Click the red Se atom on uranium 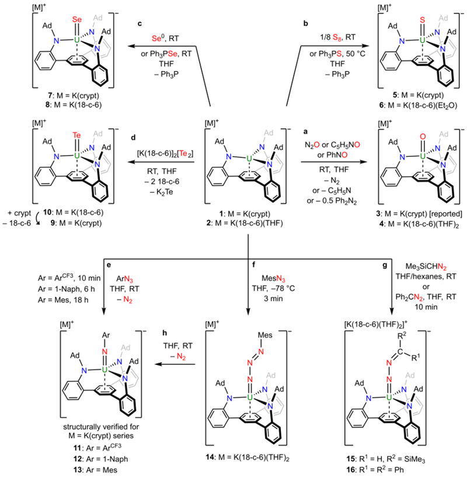[x=77, y=19]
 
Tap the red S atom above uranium [x=422, y=20]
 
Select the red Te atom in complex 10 [x=76, y=135]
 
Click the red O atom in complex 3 [x=423, y=136]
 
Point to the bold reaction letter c [x=140, y=23]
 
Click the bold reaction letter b [x=305, y=23]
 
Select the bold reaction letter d [x=133, y=138]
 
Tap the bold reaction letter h [x=165, y=333]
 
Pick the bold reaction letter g [x=385, y=265]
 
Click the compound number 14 [x=210, y=457]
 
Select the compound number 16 [x=350, y=469]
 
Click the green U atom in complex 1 [x=249, y=159]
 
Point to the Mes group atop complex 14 [x=265, y=335]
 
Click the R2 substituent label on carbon [x=402, y=335]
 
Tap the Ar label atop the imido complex [x=106, y=335]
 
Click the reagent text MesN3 [x=273, y=278]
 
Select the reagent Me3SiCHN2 [x=426, y=267]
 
